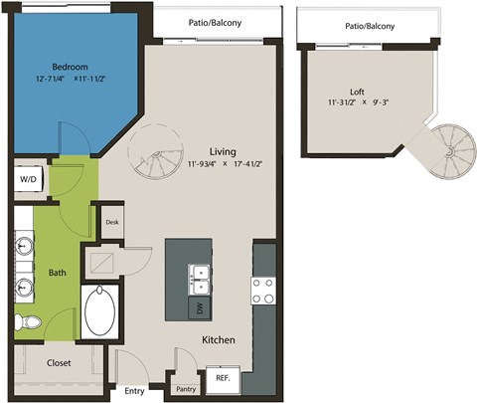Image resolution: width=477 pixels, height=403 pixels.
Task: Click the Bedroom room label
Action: (x=69, y=67)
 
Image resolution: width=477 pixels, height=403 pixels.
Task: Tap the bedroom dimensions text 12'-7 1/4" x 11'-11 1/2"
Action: (x=69, y=79)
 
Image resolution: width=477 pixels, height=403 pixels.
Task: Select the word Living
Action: (x=222, y=150)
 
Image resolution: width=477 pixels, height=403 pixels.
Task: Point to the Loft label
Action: (x=357, y=89)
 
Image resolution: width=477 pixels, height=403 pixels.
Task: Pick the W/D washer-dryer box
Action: (x=26, y=179)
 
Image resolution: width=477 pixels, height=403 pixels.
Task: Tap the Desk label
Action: (x=111, y=222)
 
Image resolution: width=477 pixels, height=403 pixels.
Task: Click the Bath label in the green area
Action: (x=57, y=272)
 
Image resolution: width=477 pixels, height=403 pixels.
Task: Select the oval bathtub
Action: (x=100, y=313)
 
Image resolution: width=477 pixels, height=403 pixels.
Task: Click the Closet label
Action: (x=59, y=363)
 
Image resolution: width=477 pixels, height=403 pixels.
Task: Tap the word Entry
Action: (x=134, y=391)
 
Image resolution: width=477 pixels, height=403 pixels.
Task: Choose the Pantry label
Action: (x=185, y=389)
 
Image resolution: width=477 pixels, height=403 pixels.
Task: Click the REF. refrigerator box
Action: (x=223, y=377)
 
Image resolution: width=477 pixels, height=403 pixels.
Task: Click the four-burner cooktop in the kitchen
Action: (x=263, y=290)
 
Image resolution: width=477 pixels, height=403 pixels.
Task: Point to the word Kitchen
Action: (x=219, y=340)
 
